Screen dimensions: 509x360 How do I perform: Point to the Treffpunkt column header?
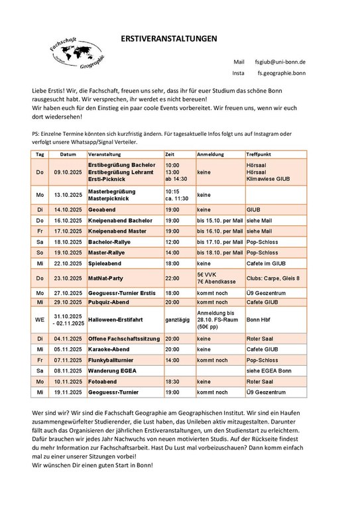click(x=260, y=154)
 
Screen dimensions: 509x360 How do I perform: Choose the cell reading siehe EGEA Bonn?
click(x=269, y=370)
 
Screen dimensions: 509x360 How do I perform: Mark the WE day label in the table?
click(x=40, y=319)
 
